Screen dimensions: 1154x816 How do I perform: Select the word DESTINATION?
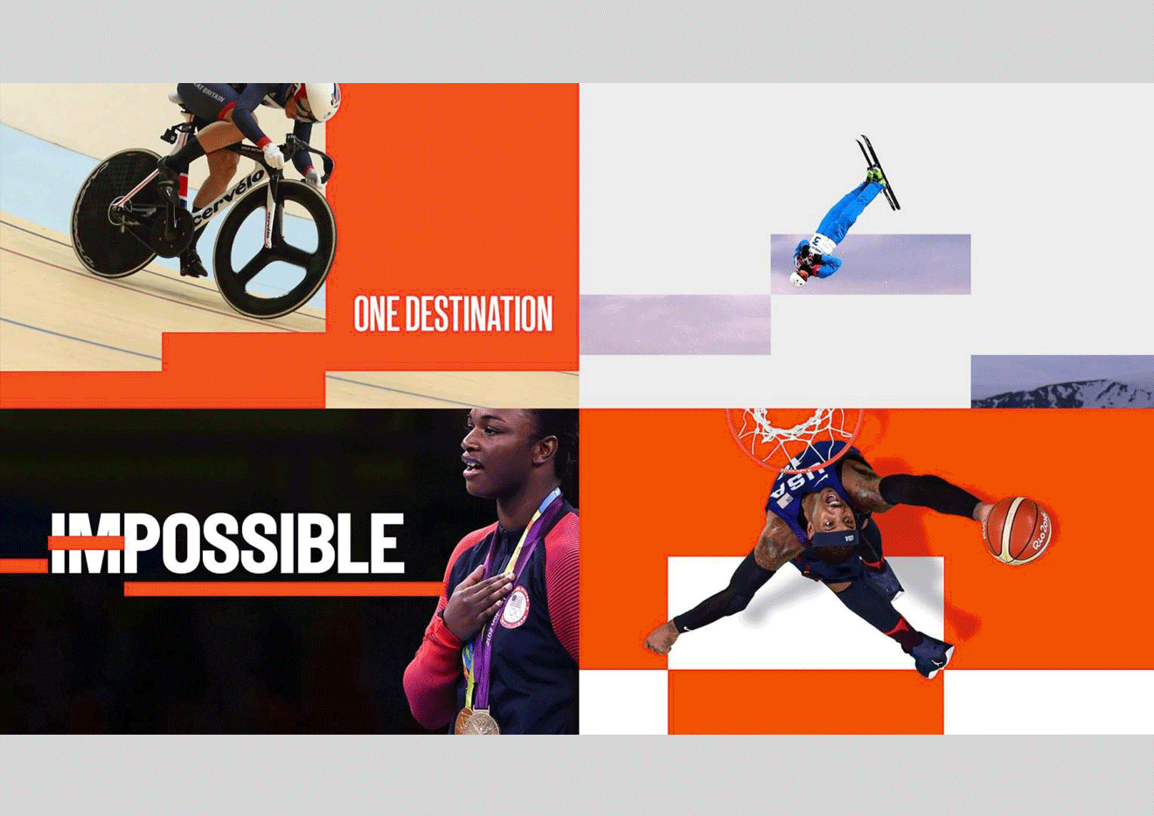point(479,313)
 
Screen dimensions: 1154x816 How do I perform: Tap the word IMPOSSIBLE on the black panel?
point(227,543)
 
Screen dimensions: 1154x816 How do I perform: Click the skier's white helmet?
point(798,278)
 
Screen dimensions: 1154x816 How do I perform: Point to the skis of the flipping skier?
point(879,172)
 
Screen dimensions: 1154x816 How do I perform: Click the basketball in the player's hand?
point(1018,531)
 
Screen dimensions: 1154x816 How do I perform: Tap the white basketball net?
point(794,432)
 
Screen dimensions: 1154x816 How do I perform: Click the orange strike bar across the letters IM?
point(86,543)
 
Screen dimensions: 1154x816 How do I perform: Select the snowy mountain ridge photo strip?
point(1062,381)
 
